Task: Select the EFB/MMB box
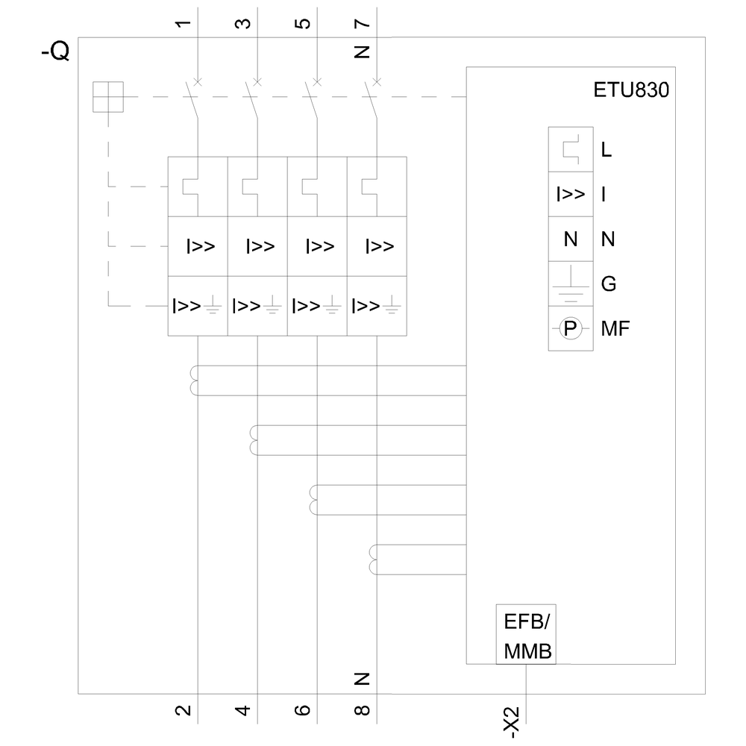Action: [x=527, y=634]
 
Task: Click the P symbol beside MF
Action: [x=571, y=328]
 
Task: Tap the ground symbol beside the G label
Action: [x=571, y=283]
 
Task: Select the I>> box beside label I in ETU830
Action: [x=571, y=194]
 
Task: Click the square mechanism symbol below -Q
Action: [x=107, y=97]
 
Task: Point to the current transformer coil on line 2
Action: [x=195, y=380]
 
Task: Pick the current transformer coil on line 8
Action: [x=374, y=559]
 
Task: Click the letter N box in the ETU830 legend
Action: [x=571, y=239]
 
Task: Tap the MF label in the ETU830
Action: [x=615, y=328]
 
